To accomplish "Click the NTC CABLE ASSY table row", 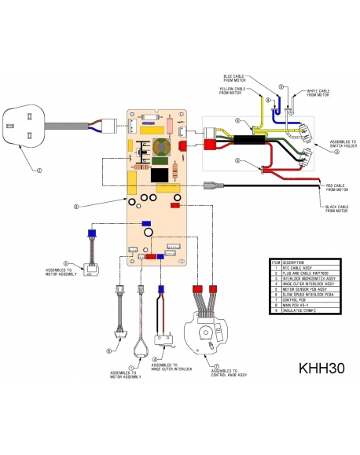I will click(298, 267).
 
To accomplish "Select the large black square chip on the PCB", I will click(162, 174).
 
